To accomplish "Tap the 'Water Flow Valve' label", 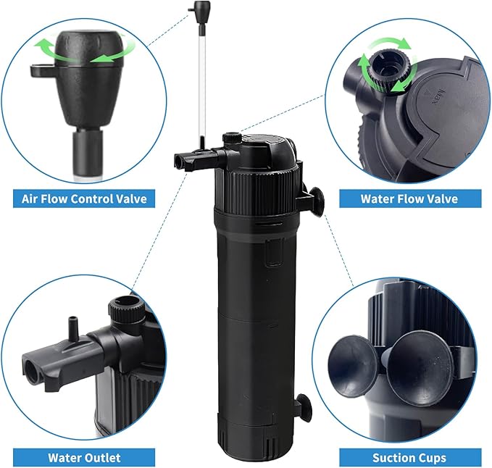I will pos(409,198).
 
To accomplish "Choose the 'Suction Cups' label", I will pos(409,457).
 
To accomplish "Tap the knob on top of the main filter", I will pos(232,138).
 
